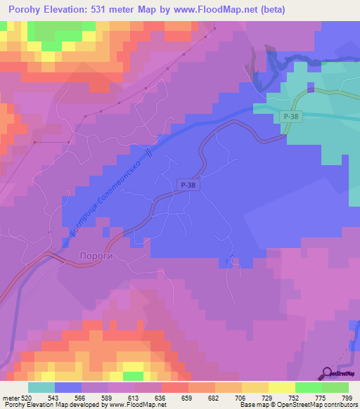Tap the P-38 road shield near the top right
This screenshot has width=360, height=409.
click(290, 117)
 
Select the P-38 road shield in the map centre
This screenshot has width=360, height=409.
click(186, 184)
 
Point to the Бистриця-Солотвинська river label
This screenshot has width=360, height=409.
click(107, 200)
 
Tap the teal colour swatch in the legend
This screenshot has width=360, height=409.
click(41, 387)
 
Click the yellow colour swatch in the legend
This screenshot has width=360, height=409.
click(281, 387)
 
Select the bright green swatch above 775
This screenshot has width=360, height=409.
click(308, 387)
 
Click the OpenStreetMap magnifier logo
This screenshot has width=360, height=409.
click(328, 372)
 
